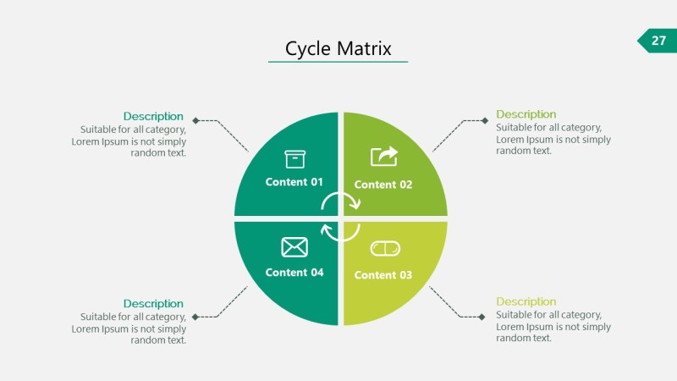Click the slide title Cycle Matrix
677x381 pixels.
(x=338, y=48)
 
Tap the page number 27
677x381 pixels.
(x=658, y=40)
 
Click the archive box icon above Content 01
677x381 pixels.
(x=294, y=159)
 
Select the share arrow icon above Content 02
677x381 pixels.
(x=384, y=157)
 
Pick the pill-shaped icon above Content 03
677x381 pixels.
(x=385, y=248)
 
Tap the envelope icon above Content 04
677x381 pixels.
(x=294, y=247)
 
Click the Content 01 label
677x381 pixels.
(x=294, y=182)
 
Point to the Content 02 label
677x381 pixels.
(x=383, y=185)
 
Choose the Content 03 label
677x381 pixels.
(x=383, y=275)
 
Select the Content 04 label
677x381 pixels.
(x=294, y=273)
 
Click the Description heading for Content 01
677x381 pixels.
(x=153, y=116)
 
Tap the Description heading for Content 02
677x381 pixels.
(x=526, y=114)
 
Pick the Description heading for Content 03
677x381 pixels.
(x=526, y=301)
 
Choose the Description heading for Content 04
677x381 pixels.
(x=153, y=303)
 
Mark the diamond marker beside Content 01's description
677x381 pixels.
(x=195, y=120)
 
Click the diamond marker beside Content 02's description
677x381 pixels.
(x=485, y=120)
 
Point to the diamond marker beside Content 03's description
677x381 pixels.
(x=483, y=317)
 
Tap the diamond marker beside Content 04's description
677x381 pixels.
(x=195, y=317)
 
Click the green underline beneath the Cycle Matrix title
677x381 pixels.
(x=338, y=62)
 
